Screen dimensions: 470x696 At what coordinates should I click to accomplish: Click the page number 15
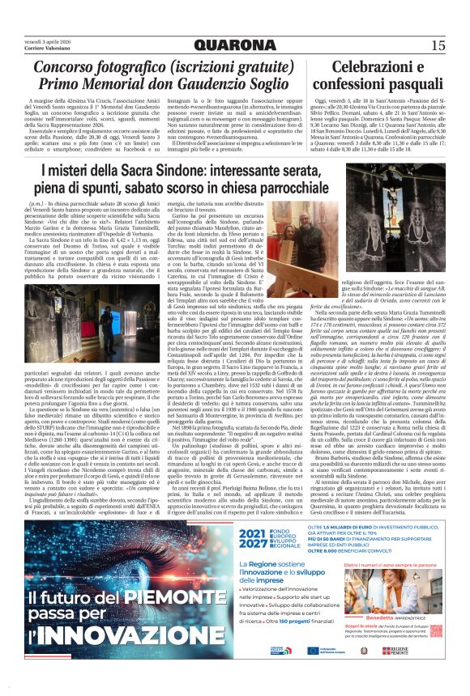click(x=438, y=45)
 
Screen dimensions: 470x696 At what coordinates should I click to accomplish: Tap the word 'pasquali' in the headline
click(x=405, y=85)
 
